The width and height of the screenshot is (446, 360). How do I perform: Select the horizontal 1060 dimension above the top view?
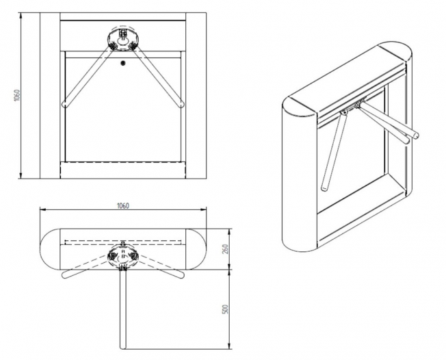point(123,205)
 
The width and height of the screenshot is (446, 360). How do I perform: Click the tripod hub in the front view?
point(123,38)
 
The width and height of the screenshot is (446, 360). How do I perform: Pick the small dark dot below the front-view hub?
point(123,64)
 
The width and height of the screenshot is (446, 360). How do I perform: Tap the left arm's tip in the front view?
point(65,105)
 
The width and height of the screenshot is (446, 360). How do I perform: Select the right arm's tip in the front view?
point(181,105)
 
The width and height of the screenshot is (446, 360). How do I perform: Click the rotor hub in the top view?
point(123,254)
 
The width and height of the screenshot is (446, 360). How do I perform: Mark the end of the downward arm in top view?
point(124,345)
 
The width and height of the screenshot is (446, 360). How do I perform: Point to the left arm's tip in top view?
point(64,276)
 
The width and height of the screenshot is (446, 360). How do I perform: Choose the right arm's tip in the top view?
point(183,276)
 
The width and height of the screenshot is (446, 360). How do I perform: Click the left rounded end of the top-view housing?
point(49,247)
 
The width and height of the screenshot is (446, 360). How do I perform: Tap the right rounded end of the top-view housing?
point(198,247)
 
